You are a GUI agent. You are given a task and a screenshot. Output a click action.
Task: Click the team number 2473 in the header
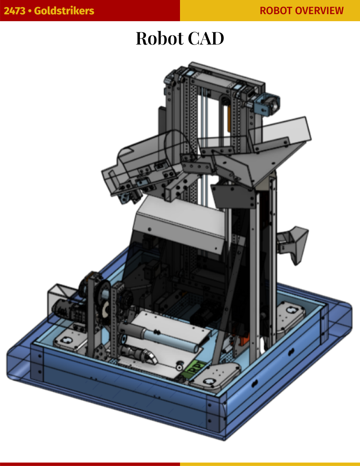pos(14,11)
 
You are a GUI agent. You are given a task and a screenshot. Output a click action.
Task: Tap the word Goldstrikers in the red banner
pos(64,11)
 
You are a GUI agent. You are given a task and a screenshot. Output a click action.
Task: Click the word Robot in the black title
pos(160,38)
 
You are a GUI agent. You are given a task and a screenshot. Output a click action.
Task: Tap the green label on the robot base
pos(193,368)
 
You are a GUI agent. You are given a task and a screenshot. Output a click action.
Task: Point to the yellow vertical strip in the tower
pos(229,118)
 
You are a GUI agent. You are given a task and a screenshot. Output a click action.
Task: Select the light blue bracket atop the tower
pos(266,105)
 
